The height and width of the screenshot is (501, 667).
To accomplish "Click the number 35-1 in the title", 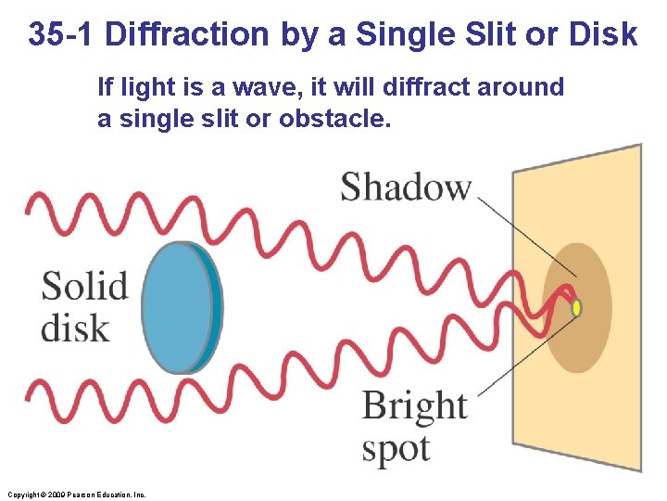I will tap(61, 35).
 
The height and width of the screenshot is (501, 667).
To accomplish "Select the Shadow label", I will tap(406, 186).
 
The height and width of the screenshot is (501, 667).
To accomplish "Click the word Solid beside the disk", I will tap(84, 286).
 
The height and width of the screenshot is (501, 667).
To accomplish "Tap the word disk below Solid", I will tap(74, 328).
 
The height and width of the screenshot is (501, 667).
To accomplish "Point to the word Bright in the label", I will tap(414, 406).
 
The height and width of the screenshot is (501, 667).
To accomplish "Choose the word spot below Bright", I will tap(396, 449).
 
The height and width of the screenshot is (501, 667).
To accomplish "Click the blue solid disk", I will tap(182, 307).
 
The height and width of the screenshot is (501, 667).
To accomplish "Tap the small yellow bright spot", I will tap(577, 307).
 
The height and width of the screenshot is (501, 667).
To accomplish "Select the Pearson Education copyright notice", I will tap(76, 495).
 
